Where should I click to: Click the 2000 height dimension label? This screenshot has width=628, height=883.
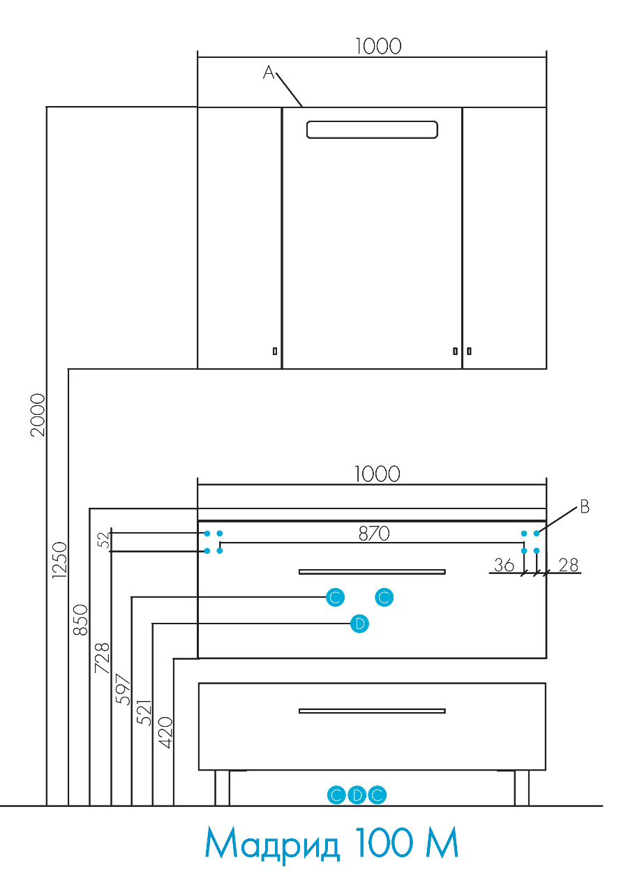pos(38,415)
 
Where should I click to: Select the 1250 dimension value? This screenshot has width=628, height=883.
pos(60,560)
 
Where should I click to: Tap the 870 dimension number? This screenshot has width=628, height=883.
pos(374,534)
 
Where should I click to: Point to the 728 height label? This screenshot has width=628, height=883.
pos(102,658)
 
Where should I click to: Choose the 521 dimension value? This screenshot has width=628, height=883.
pos(144,713)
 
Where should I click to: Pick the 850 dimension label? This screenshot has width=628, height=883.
pos(80,619)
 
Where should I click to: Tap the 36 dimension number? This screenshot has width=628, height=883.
pos(504,565)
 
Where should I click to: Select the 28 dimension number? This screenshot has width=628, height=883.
pos(569,565)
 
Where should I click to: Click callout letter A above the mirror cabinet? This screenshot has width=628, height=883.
pos(269,73)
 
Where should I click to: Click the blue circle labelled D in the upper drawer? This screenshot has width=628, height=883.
pos(359,624)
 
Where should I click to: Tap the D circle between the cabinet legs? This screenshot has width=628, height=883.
pos(357,795)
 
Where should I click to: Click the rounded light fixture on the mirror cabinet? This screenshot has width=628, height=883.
pos(372,130)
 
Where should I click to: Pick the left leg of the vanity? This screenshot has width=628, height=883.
pos(222,788)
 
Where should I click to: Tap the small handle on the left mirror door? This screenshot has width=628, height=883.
pos(275,351)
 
